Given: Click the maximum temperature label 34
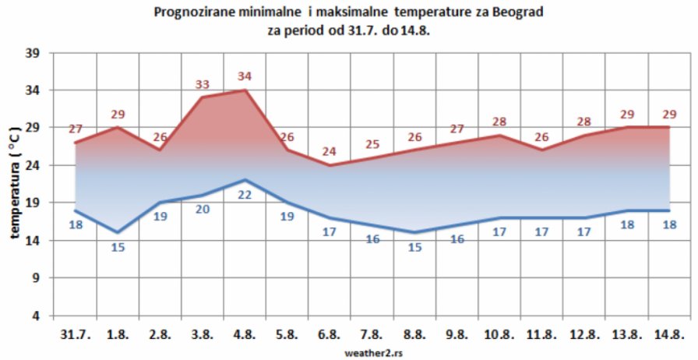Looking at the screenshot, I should pyautogui.click(x=245, y=76).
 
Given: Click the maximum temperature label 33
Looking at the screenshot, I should pyautogui.click(x=203, y=84).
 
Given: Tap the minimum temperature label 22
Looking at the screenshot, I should pyautogui.click(x=245, y=195).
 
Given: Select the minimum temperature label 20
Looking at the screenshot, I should pyautogui.click(x=203, y=209).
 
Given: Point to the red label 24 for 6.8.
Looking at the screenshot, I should pyautogui.click(x=330, y=151).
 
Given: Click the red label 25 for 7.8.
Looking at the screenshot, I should pyautogui.click(x=372, y=144).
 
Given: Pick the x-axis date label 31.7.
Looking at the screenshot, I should pyautogui.click(x=75, y=334).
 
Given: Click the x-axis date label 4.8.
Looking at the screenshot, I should pyautogui.click(x=245, y=334).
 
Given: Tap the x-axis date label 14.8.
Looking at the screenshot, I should pyautogui.click(x=670, y=334).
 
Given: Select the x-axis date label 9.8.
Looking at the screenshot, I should pyautogui.click(x=457, y=334).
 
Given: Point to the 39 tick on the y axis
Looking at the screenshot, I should pyautogui.click(x=35, y=53).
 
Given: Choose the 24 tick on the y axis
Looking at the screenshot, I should pyautogui.click(x=35, y=166).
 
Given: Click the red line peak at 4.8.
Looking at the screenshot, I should pyautogui.click(x=245, y=90).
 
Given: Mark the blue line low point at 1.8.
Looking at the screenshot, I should pyautogui.click(x=117, y=232).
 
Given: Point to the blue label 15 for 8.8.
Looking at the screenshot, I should pyautogui.click(x=415, y=247).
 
